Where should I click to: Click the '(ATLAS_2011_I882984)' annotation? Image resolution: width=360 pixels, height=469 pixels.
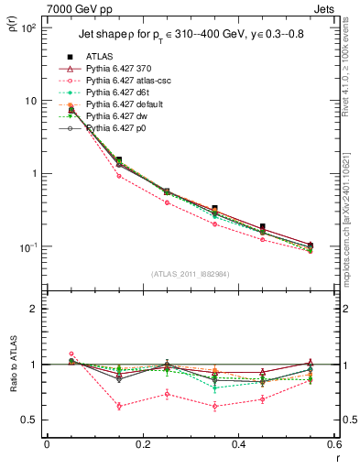coord(190,272)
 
